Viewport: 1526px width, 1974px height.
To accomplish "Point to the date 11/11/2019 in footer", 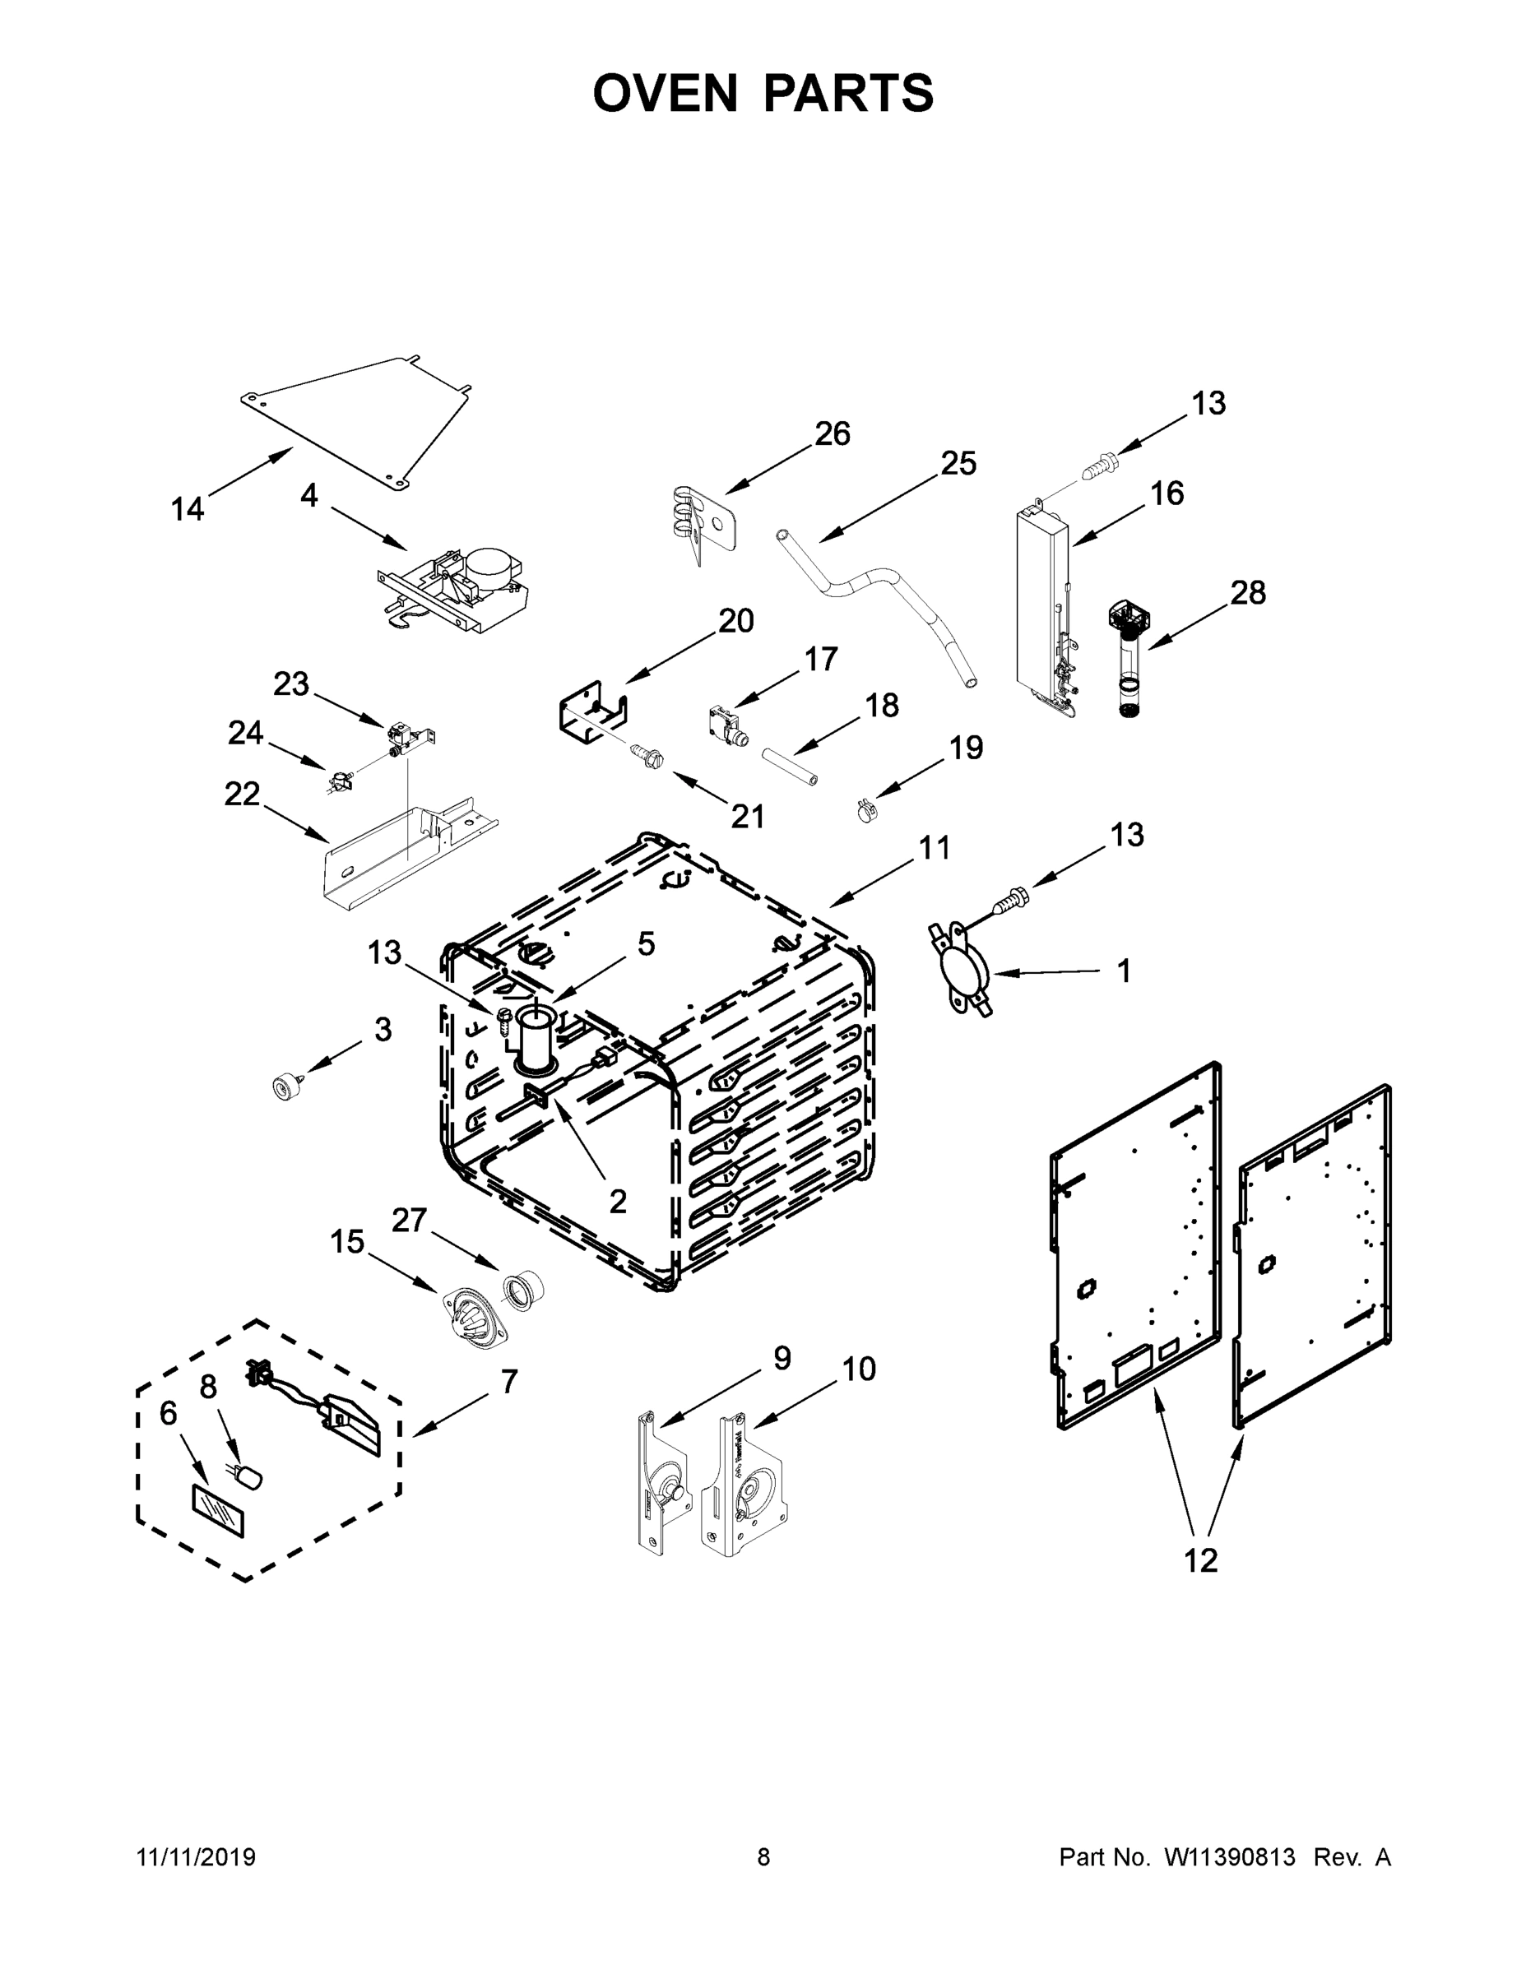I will pyautogui.click(x=196, y=1856).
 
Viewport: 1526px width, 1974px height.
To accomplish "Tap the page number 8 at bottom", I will pyautogui.click(x=763, y=1856).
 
